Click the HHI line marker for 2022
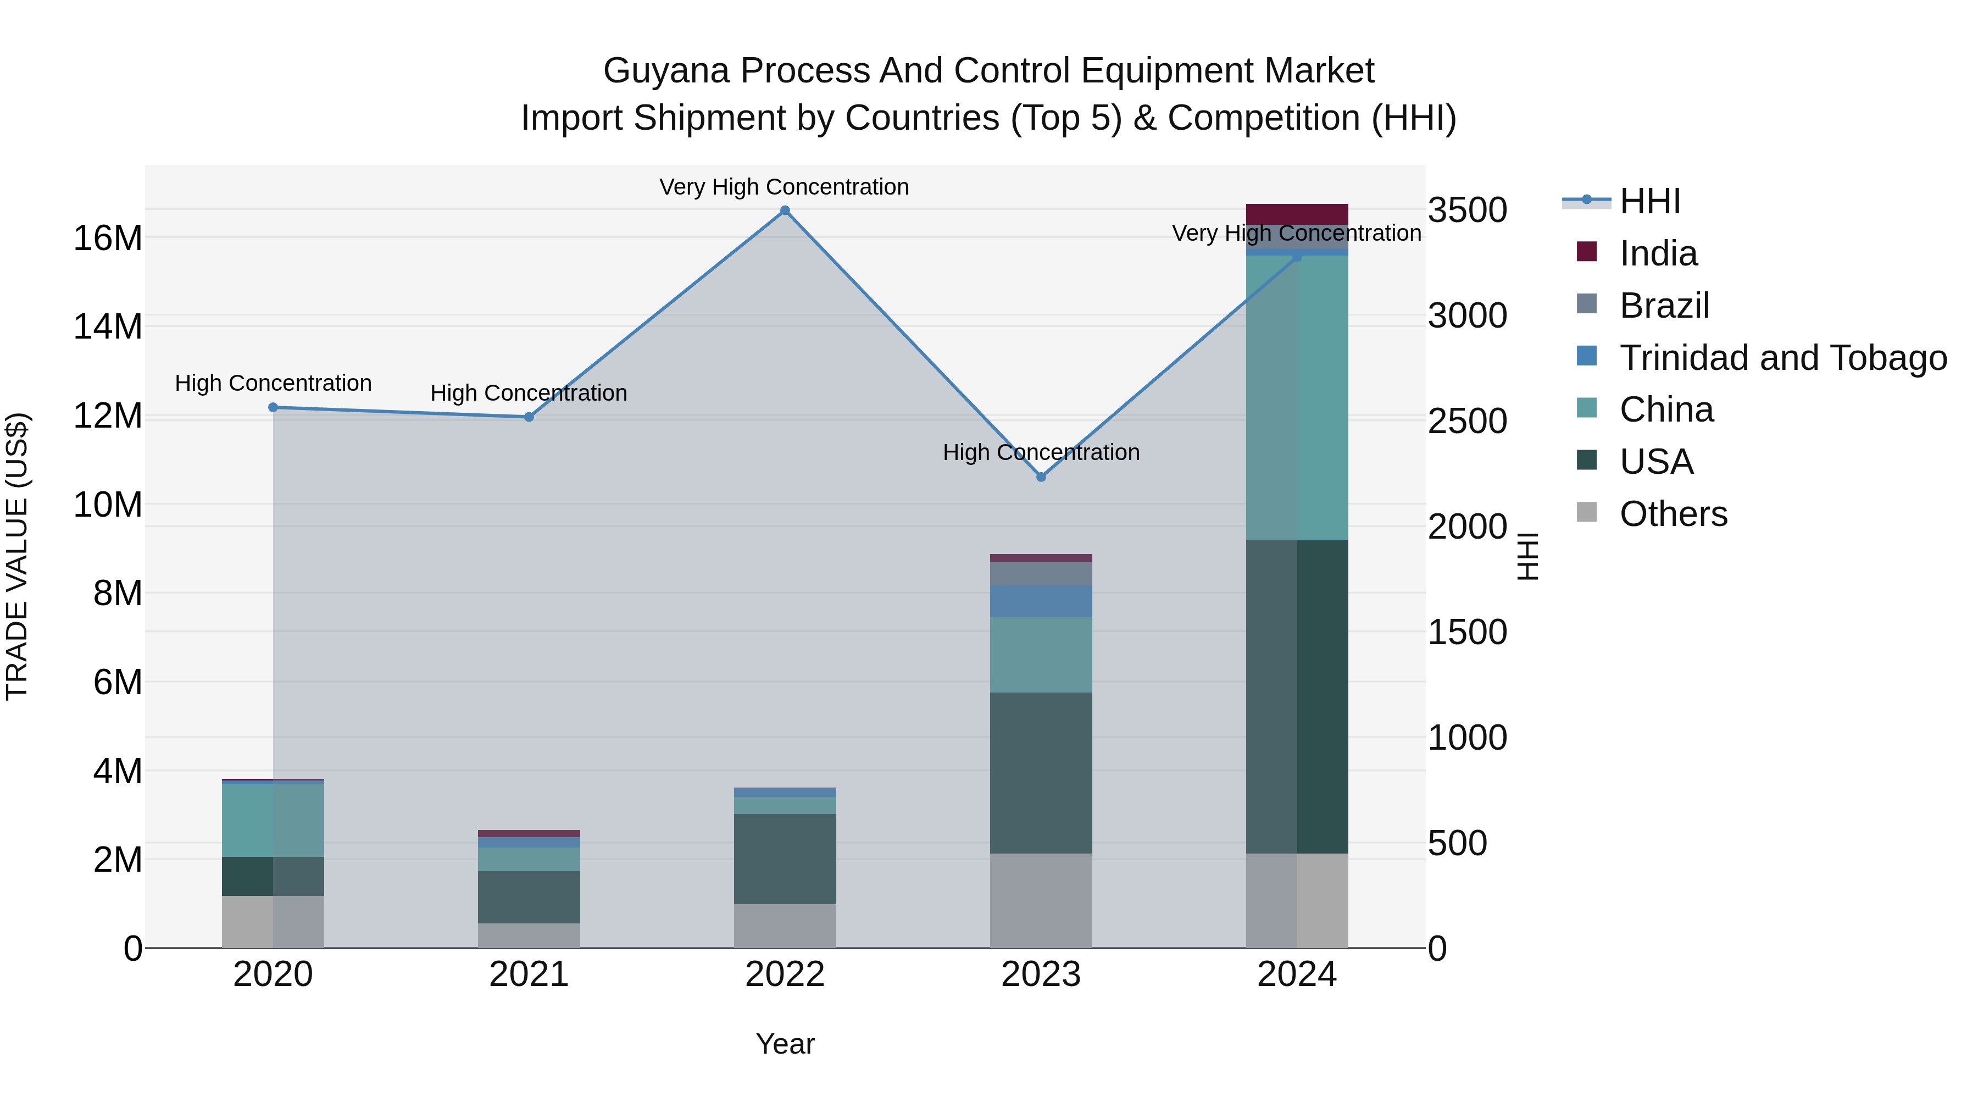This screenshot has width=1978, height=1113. click(785, 211)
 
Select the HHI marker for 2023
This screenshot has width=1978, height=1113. click(1041, 477)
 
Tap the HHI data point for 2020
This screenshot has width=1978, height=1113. click(273, 408)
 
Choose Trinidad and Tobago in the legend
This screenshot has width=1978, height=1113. click(1782, 358)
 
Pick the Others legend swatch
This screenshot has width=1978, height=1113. click(1586, 512)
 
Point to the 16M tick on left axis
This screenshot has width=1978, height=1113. click(108, 238)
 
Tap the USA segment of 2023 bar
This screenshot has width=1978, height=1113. click(1041, 772)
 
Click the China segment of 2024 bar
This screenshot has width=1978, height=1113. click(1297, 398)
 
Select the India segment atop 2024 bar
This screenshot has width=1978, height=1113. click(1297, 214)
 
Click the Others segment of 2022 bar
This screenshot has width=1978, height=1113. click(785, 926)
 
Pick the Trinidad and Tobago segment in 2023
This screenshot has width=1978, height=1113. click(1041, 601)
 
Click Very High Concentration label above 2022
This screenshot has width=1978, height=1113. click(784, 187)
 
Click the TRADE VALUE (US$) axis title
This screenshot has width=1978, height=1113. click(17, 556)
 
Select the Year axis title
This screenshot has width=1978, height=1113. click(785, 1044)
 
